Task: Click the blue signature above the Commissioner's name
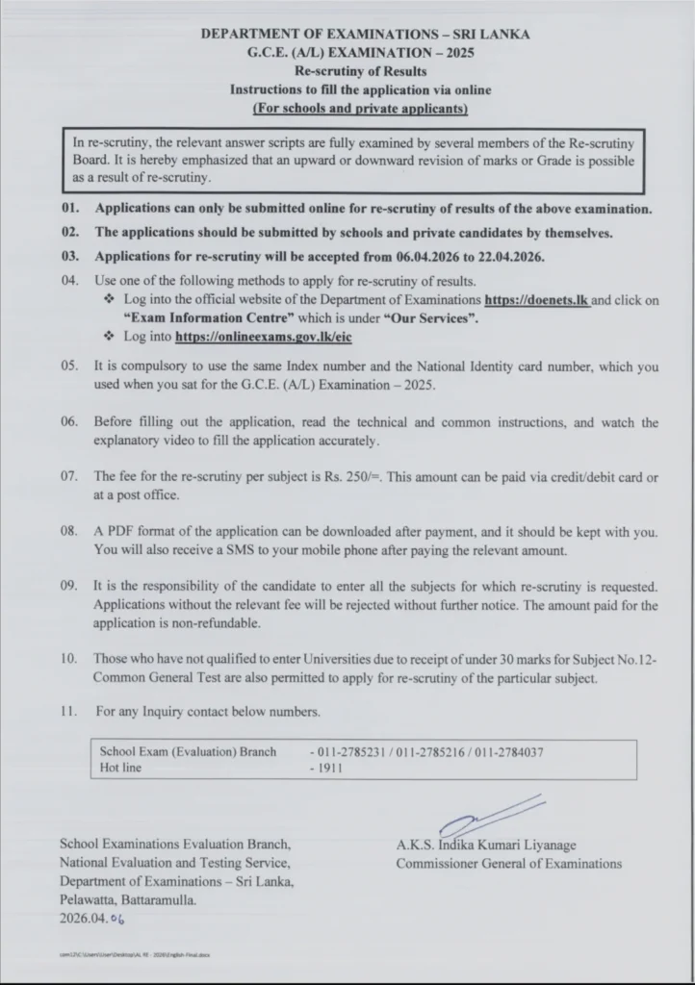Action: [x=491, y=816]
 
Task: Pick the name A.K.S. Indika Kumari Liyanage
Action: [x=486, y=846]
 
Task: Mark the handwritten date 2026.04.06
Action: [x=92, y=919]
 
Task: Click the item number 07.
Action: [x=69, y=476]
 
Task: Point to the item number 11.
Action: [x=69, y=712]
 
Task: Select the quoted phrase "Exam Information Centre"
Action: [x=196, y=318]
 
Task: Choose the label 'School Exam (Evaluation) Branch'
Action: [x=188, y=751]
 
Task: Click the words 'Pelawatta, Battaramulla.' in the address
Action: [x=127, y=900]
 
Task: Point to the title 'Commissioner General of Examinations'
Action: [x=508, y=863]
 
